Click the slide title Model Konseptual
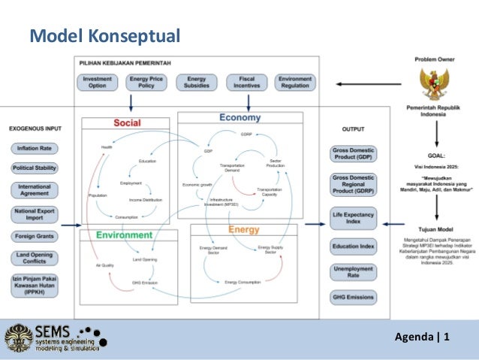click(104, 35)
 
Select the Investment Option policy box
click(98, 82)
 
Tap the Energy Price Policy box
click(147, 82)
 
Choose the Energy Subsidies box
click(197, 82)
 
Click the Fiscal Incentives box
click(246, 82)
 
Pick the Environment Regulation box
click(295, 82)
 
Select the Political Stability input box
click(35, 168)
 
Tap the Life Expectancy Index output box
click(354, 219)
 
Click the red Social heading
click(128, 123)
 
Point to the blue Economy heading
click(240, 117)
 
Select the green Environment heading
click(125, 235)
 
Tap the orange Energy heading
click(244, 229)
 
